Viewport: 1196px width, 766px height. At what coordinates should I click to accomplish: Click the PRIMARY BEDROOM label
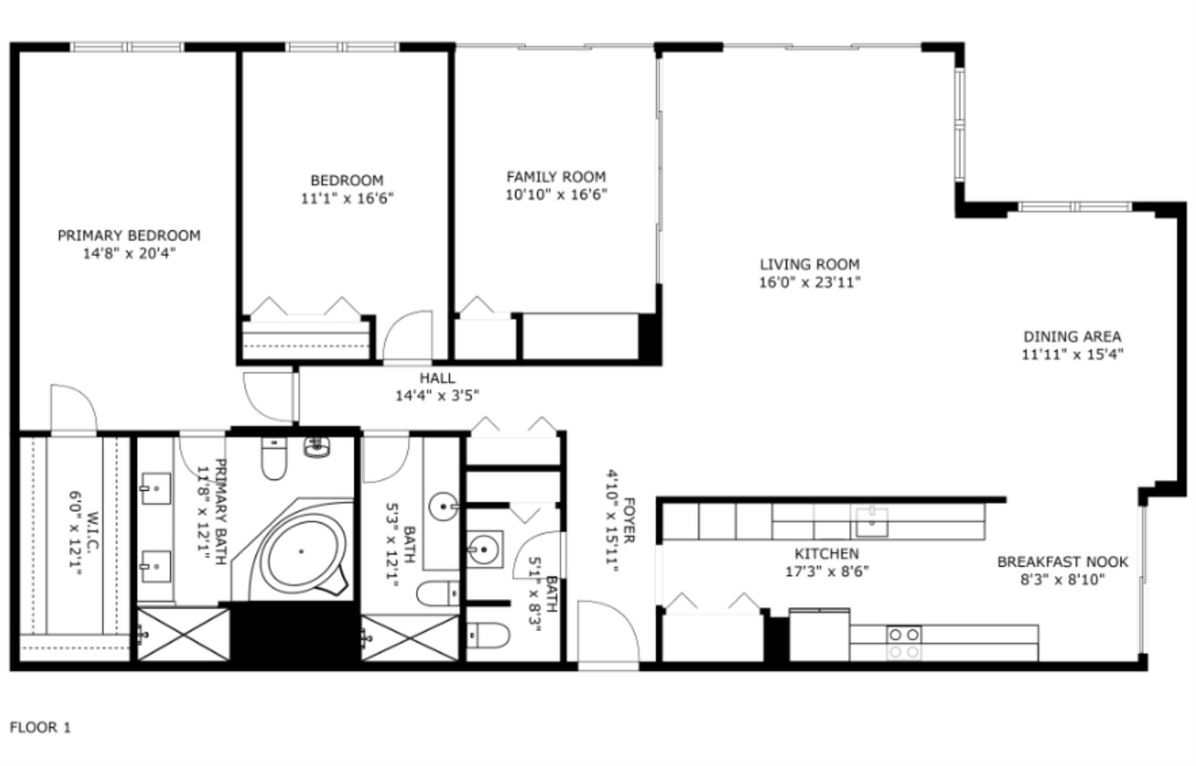(128, 235)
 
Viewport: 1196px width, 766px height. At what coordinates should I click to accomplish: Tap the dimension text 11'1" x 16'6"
(347, 199)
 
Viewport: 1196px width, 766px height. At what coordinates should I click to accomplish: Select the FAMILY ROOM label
(556, 176)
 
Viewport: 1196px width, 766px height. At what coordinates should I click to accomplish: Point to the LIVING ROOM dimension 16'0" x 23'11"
(809, 283)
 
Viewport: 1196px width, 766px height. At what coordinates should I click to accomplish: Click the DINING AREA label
(1072, 337)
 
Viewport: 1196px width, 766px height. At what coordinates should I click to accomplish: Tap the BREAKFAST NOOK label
(1062, 562)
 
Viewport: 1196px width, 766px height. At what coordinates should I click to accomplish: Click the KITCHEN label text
(826, 553)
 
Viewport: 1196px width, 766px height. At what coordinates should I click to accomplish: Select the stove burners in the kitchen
(903, 642)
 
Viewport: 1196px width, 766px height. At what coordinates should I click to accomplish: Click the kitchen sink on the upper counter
(872, 522)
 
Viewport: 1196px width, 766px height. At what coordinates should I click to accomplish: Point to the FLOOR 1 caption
(40, 727)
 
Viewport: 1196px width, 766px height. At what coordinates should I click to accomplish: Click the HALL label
(437, 378)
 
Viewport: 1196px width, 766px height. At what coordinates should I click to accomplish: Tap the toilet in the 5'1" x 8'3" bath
(488, 635)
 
